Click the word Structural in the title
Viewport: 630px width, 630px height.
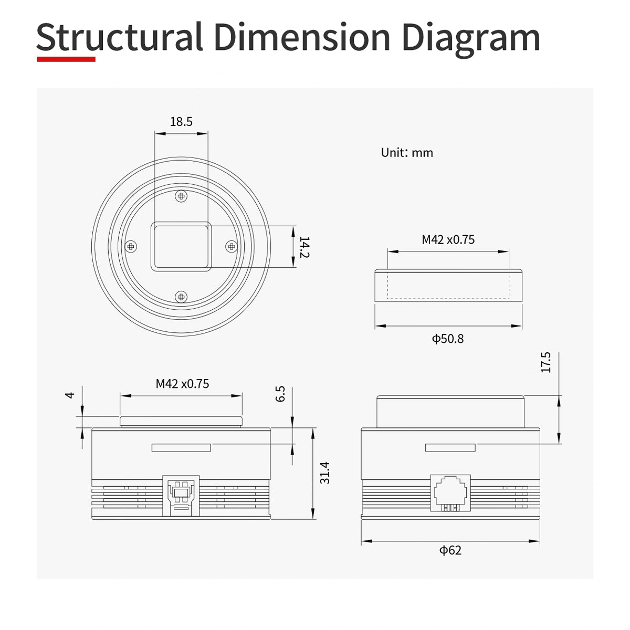pyautogui.click(x=120, y=37)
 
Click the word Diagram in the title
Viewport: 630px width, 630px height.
pyautogui.click(x=471, y=38)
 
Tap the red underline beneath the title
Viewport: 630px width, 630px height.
pyautogui.click(x=66, y=59)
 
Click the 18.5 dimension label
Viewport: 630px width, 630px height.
pyautogui.click(x=181, y=122)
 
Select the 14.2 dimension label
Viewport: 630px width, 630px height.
pyautogui.click(x=304, y=247)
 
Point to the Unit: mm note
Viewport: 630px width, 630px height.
pyautogui.click(x=407, y=153)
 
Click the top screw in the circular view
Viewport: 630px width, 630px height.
pyautogui.click(x=181, y=196)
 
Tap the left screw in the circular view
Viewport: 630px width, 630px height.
pyautogui.click(x=131, y=247)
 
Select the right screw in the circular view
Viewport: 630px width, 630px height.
pyautogui.click(x=232, y=247)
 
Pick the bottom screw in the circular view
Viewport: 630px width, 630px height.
pyautogui.click(x=181, y=297)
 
